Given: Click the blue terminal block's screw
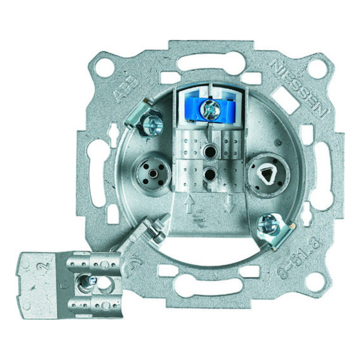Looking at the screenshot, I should click(x=211, y=109).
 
